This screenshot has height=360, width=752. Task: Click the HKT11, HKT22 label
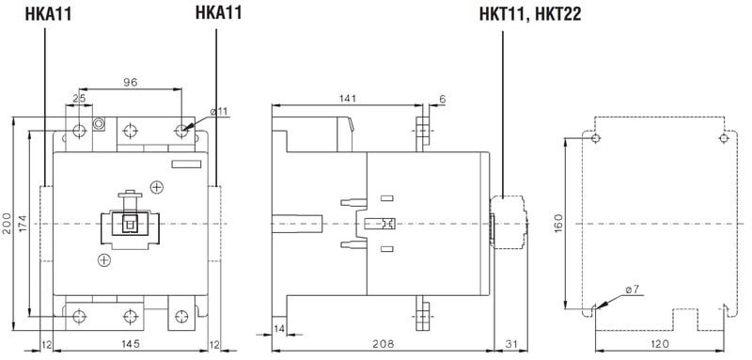[530, 14]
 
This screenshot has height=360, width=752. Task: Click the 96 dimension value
[130, 82]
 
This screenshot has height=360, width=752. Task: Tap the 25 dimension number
[79, 100]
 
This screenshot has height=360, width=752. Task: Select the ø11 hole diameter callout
[218, 112]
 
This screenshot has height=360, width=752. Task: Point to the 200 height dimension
[7, 224]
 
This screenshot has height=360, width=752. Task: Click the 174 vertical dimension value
[23, 224]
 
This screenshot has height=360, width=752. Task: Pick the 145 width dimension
[130, 344]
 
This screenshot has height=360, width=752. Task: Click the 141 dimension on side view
[347, 99]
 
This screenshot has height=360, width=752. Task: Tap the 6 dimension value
[442, 99]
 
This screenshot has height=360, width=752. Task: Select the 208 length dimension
[383, 344]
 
